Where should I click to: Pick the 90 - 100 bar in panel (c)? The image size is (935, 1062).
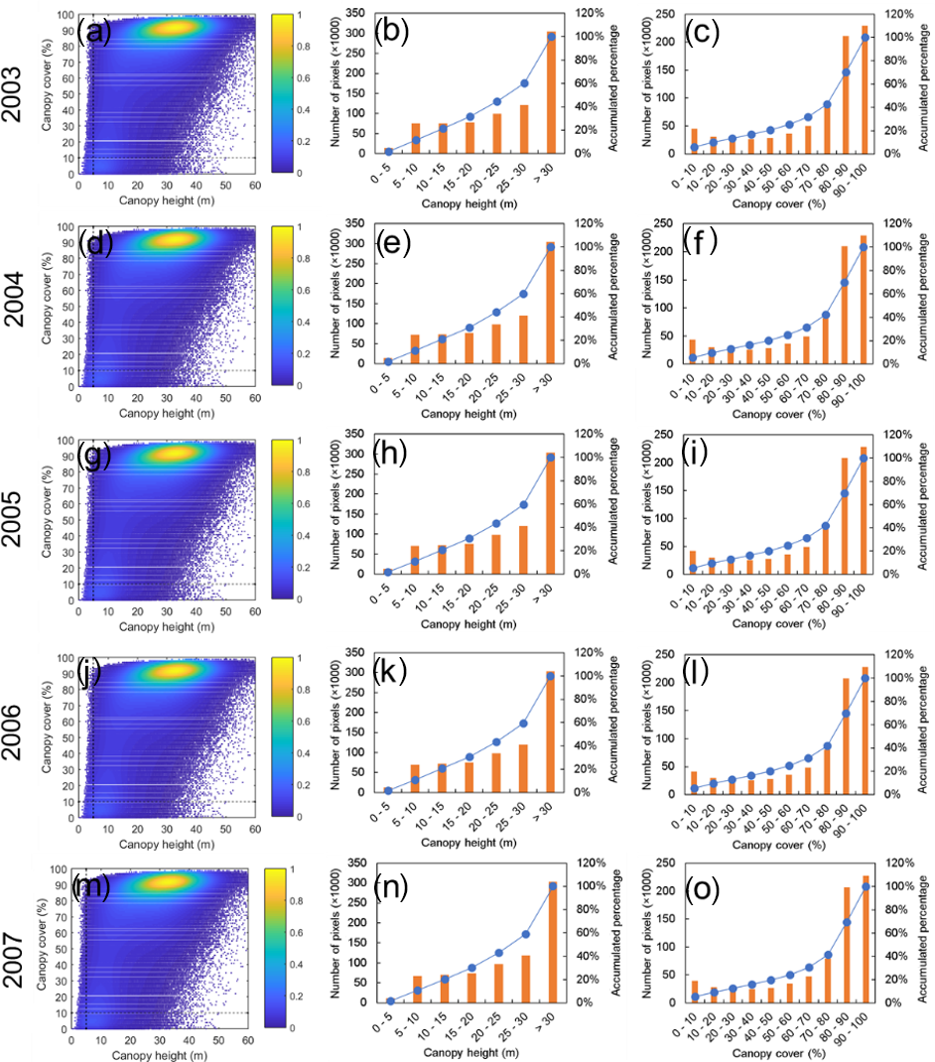pos(865,89)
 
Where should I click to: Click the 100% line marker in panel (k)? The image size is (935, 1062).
pos(551,676)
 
